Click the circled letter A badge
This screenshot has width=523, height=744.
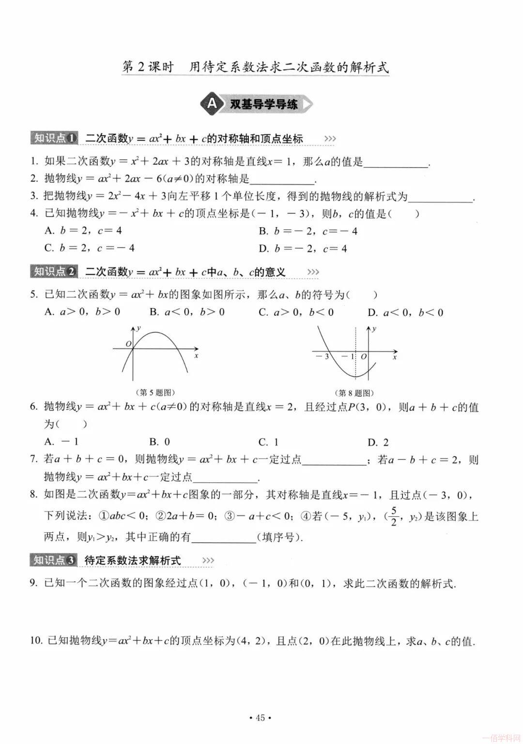[212, 104]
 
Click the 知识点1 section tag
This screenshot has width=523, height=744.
[54, 138]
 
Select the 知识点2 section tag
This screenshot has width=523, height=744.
[54, 272]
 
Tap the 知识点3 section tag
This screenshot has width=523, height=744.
[54, 560]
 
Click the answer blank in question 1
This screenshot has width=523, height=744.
[396, 163]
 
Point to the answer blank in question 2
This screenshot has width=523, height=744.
[282, 180]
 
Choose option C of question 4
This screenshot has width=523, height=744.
[89, 248]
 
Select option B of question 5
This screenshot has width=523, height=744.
[187, 312]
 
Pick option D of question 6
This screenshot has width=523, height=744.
[378, 442]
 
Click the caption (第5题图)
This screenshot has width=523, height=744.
[154, 392]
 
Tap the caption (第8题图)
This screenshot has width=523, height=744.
[355, 393]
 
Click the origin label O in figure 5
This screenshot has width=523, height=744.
[128, 344]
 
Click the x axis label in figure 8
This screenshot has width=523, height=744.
[395, 357]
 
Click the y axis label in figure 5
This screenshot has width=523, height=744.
[139, 328]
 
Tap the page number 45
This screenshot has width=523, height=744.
[260, 718]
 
